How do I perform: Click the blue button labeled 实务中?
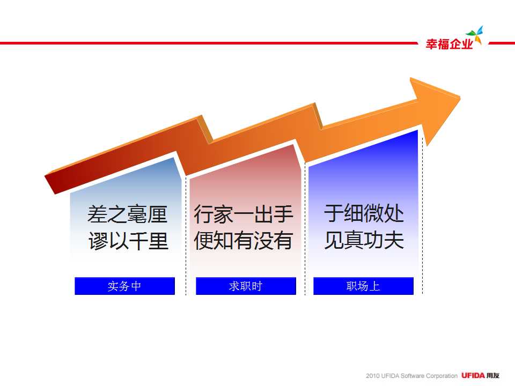[x=125, y=286]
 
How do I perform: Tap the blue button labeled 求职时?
[x=246, y=286]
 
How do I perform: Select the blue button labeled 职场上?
[x=363, y=286]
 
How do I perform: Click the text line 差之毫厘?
[x=128, y=214]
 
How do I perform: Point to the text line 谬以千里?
[x=128, y=241]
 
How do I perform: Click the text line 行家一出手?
[x=244, y=214]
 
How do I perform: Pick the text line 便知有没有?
[x=243, y=240]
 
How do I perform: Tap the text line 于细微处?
[x=364, y=213]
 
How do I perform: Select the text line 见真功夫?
[x=364, y=240]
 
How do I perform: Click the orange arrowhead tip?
[x=460, y=97]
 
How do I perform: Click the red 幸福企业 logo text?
[x=450, y=44]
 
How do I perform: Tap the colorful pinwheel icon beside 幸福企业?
[x=475, y=35]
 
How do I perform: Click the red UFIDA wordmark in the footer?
[x=473, y=375]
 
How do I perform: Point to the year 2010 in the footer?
[x=373, y=376]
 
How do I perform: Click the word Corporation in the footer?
[x=442, y=376]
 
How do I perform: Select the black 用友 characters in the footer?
[x=493, y=375]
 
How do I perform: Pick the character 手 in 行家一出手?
[x=283, y=214]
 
